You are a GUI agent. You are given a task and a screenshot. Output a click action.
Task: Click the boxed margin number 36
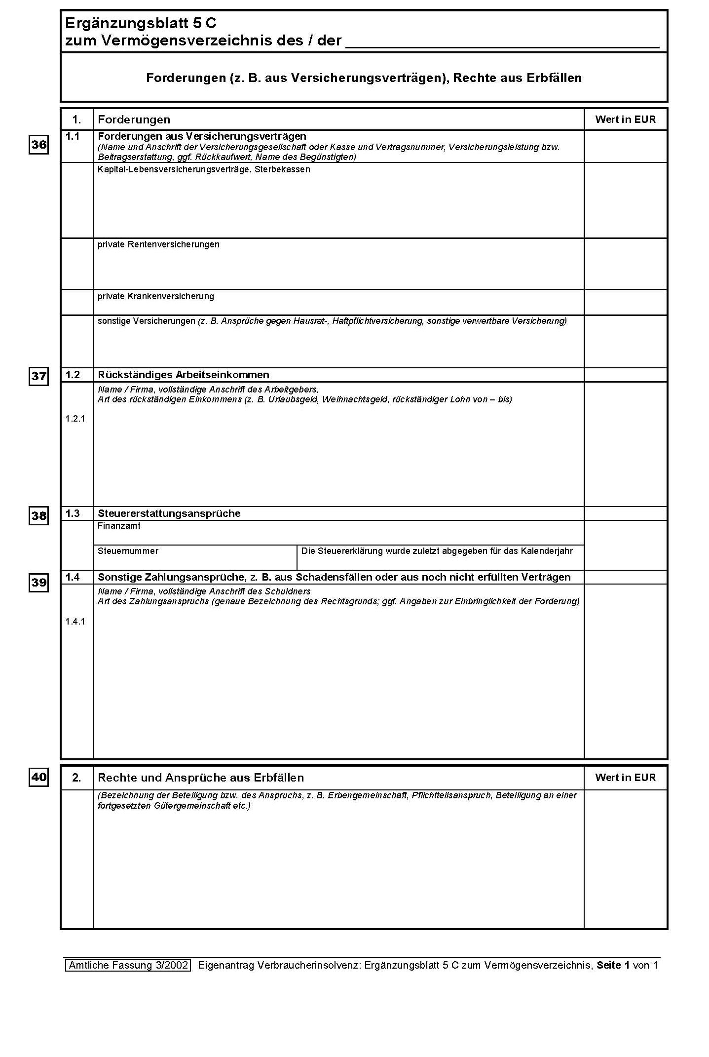pos(39,145)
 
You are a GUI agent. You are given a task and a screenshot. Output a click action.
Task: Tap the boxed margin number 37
pos(39,377)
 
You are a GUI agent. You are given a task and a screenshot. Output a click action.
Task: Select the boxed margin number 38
pos(39,516)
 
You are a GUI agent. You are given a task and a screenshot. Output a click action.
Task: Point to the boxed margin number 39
pos(39,583)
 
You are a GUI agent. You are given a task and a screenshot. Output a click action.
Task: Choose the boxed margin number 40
pos(39,778)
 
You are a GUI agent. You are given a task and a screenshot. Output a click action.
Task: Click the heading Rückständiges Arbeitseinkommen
pos(183,375)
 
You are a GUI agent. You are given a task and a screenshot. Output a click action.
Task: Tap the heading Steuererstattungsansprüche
pos(169,513)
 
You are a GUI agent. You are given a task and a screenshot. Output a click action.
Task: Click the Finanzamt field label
pos(119,526)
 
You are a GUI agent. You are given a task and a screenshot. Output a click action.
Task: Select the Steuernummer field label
pos(128,551)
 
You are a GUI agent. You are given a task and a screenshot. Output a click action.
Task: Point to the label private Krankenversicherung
pos(155,296)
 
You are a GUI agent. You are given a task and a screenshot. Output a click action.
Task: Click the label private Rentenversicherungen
pos(158,244)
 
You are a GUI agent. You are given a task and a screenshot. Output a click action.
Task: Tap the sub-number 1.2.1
pos(75,419)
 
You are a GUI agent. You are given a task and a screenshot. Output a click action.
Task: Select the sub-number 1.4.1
pos(75,622)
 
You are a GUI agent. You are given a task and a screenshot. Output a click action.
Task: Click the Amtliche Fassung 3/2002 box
pos(128,965)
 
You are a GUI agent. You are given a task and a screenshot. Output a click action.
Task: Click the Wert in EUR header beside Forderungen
pos(625,119)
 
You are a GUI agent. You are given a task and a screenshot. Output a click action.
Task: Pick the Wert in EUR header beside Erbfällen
pos(625,778)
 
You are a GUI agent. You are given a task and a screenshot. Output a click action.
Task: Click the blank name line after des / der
pos(502,41)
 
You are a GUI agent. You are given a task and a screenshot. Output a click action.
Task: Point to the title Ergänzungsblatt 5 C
pos(141,23)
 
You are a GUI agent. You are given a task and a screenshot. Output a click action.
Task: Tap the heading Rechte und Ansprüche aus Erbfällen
pos(200,778)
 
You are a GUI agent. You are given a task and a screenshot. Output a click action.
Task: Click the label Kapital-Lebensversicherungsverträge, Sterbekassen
pos(204,169)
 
